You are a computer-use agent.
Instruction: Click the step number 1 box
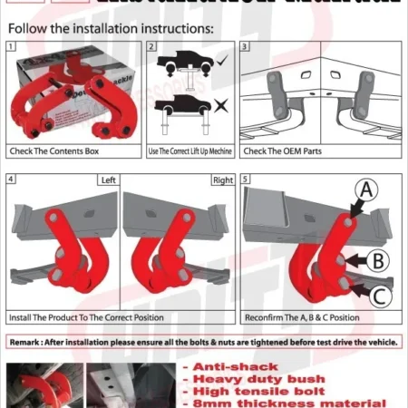11,44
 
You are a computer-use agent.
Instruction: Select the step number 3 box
246,44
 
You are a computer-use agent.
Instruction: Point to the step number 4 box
11,180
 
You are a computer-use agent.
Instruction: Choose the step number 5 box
246,180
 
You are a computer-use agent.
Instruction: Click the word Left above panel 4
108,180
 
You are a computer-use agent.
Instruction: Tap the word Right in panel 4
223,180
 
